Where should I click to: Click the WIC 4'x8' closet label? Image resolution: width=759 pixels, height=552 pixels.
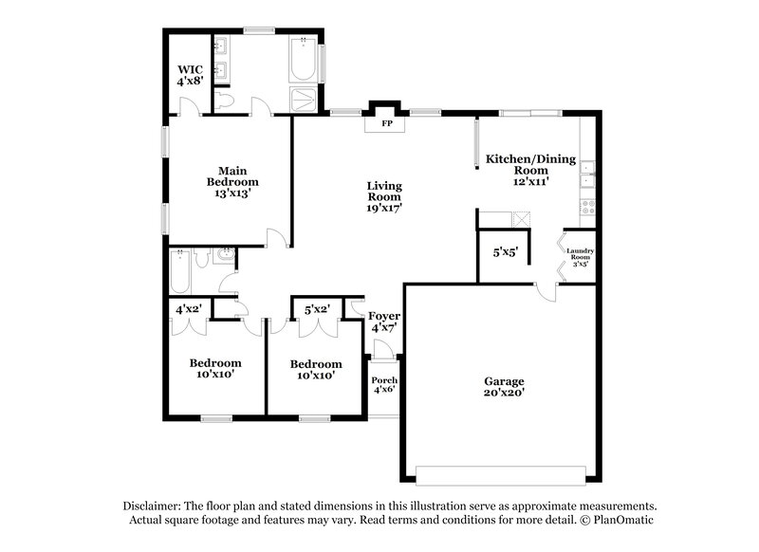click(191, 76)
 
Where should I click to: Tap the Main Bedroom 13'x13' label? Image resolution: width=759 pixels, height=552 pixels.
click(232, 180)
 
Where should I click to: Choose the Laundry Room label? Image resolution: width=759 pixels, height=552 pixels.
click(580, 256)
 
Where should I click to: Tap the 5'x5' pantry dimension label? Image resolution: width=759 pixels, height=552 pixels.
click(505, 253)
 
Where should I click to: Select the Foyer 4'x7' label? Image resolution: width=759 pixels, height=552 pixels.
click(384, 321)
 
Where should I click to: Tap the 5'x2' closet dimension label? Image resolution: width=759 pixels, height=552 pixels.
click(317, 309)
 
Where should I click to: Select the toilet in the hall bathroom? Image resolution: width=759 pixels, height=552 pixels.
click(224, 255)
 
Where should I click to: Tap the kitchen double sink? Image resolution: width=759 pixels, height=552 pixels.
click(588, 175)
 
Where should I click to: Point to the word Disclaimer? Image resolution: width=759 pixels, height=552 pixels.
click(155, 506)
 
